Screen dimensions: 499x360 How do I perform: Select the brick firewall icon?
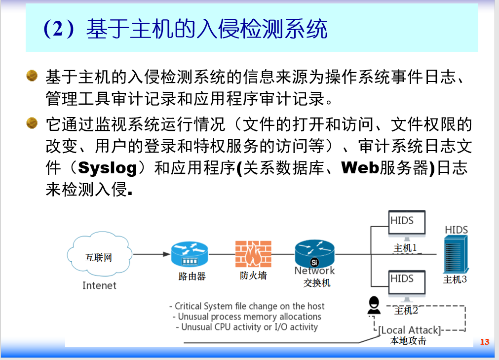click(x=253, y=254)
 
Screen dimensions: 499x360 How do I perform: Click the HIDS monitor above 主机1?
click(x=407, y=225)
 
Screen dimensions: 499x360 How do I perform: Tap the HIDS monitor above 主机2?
click(x=407, y=283)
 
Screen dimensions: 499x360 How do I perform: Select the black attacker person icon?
click(x=374, y=306)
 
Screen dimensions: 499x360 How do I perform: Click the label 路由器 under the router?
click(x=192, y=277)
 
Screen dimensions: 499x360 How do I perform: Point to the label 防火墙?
click(x=253, y=276)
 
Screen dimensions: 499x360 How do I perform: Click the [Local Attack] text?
click(x=409, y=330)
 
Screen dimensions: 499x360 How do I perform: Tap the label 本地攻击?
click(x=408, y=341)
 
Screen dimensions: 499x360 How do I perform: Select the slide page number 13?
click(x=484, y=342)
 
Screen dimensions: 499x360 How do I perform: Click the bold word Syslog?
click(x=108, y=168)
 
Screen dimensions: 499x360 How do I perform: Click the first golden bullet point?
click(x=32, y=76)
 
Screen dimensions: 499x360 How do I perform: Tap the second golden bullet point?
click(x=32, y=122)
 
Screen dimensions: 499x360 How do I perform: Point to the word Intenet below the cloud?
click(x=99, y=285)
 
